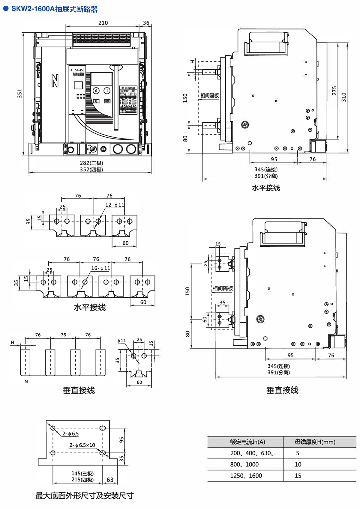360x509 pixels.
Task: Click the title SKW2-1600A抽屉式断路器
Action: (x=54, y=9)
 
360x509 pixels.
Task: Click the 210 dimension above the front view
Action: (x=103, y=23)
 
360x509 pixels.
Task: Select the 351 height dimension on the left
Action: (x=19, y=94)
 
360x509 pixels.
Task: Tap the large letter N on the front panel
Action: (x=55, y=81)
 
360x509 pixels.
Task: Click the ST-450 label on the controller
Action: (x=79, y=70)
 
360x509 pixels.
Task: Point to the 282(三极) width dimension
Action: (x=91, y=163)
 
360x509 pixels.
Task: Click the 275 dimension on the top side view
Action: (x=334, y=91)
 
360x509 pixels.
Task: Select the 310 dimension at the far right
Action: (x=344, y=97)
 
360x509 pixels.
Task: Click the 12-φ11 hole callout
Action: (x=115, y=205)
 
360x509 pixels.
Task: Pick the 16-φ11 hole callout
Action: (x=100, y=268)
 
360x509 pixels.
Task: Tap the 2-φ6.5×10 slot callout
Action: (x=82, y=445)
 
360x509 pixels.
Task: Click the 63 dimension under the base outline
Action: (x=110, y=480)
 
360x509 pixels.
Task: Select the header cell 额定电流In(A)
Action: (x=247, y=442)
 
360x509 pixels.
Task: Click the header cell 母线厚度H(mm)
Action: (x=315, y=442)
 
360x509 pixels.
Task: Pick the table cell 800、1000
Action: (x=244, y=464)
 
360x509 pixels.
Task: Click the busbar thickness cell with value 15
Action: (x=298, y=476)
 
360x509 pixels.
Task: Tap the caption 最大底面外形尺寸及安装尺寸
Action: (x=85, y=496)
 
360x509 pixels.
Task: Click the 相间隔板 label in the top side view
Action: (x=210, y=96)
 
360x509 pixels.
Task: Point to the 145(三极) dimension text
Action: (x=82, y=473)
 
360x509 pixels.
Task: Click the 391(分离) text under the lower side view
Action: (x=279, y=372)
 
